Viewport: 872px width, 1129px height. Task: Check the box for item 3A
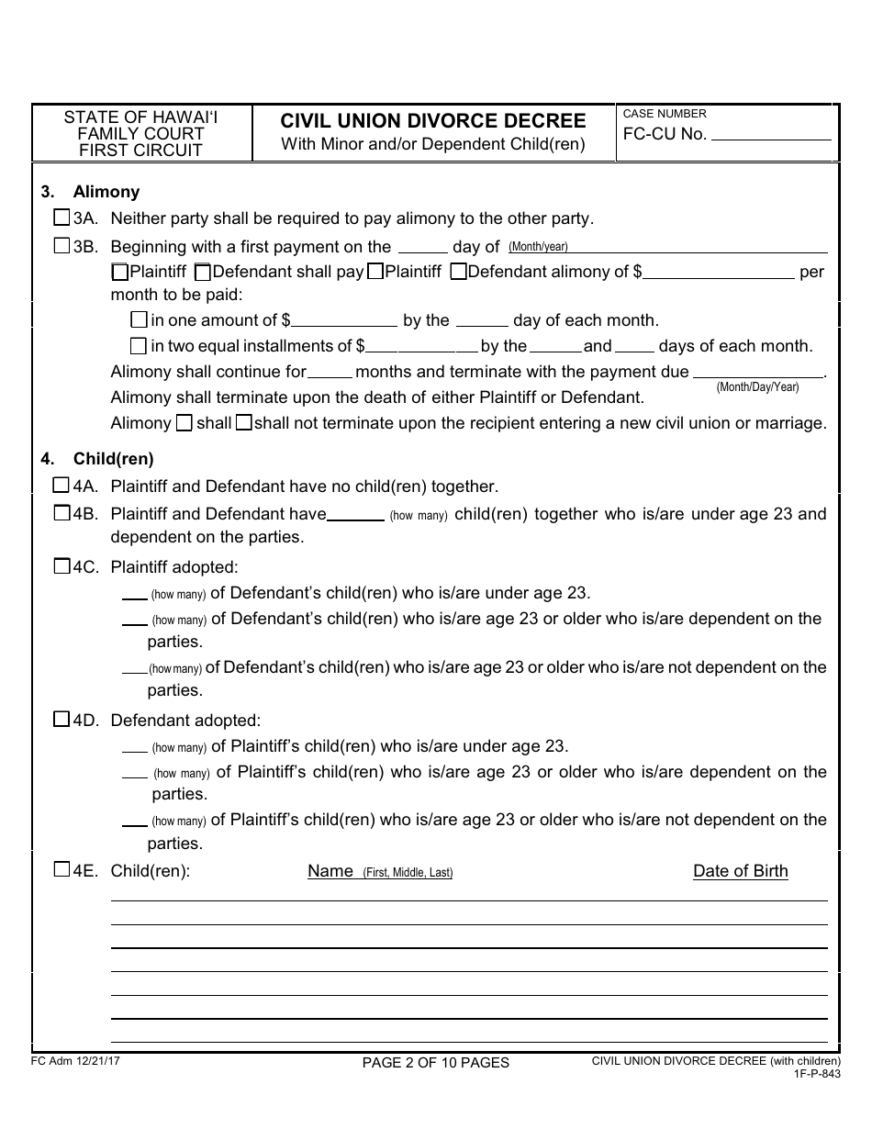[x=61, y=218]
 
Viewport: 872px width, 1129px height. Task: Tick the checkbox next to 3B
[x=61, y=246]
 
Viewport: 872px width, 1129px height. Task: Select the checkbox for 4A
[x=61, y=486]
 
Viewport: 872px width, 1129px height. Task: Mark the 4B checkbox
[x=61, y=513]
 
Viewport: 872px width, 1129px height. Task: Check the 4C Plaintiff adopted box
[x=61, y=566]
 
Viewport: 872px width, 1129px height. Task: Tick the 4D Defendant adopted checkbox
[x=61, y=720]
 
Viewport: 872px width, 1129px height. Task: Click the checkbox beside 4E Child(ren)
[x=61, y=870]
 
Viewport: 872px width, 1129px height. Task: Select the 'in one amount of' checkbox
[x=139, y=320]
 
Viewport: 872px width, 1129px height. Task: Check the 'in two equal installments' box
[x=139, y=346]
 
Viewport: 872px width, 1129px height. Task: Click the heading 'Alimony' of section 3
[x=106, y=192]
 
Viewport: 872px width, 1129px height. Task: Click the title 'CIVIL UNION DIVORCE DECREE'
[x=433, y=121]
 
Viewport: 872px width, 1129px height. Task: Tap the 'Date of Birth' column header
[x=740, y=871]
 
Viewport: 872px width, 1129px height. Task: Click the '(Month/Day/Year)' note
[x=757, y=387]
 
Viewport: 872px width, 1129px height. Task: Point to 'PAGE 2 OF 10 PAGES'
[x=435, y=1063]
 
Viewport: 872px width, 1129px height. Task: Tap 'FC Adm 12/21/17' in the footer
[x=69, y=1059]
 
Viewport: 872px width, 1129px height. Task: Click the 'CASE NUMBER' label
[x=665, y=114]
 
